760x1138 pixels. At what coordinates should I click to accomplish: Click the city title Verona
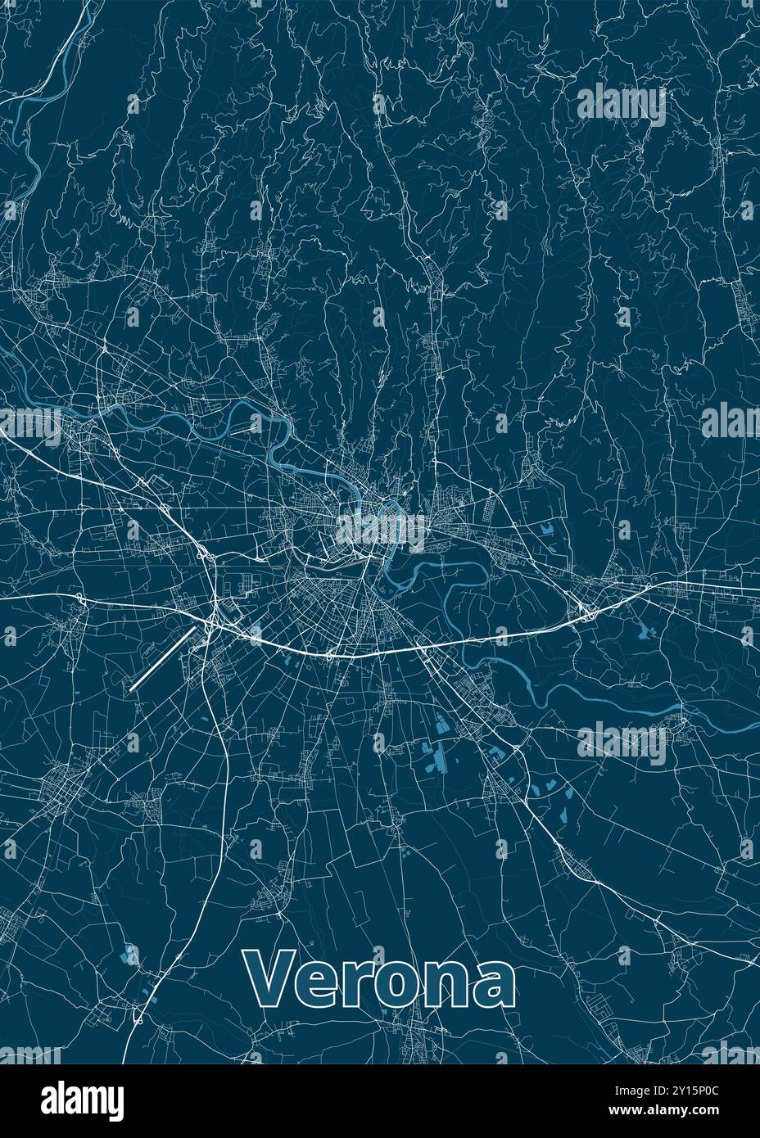tap(380, 979)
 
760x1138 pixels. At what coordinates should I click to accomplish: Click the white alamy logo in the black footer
tap(83, 1100)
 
